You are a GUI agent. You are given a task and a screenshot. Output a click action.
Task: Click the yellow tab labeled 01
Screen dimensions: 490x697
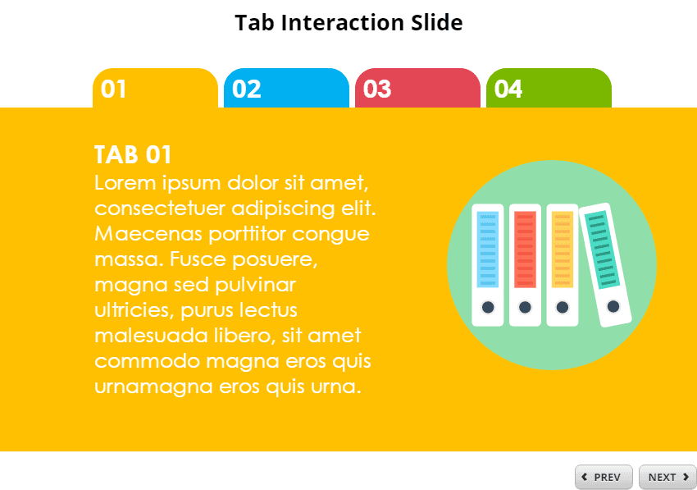click(155, 88)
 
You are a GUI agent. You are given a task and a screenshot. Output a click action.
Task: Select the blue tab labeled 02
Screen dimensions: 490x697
click(286, 88)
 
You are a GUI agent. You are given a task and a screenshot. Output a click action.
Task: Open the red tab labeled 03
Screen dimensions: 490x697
click(417, 88)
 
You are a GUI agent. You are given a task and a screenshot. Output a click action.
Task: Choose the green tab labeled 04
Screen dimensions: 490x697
click(549, 88)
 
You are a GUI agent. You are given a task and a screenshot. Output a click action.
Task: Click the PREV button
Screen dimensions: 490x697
click(604, 477)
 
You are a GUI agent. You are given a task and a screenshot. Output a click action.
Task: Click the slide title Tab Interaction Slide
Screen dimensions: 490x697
click(348, 22)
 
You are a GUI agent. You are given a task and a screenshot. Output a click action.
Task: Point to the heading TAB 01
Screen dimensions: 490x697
click(133, 154)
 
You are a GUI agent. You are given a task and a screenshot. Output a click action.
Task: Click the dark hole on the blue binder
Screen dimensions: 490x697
click(488, 307)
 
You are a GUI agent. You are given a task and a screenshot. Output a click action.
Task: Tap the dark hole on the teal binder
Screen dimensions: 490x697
click(613, 307)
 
